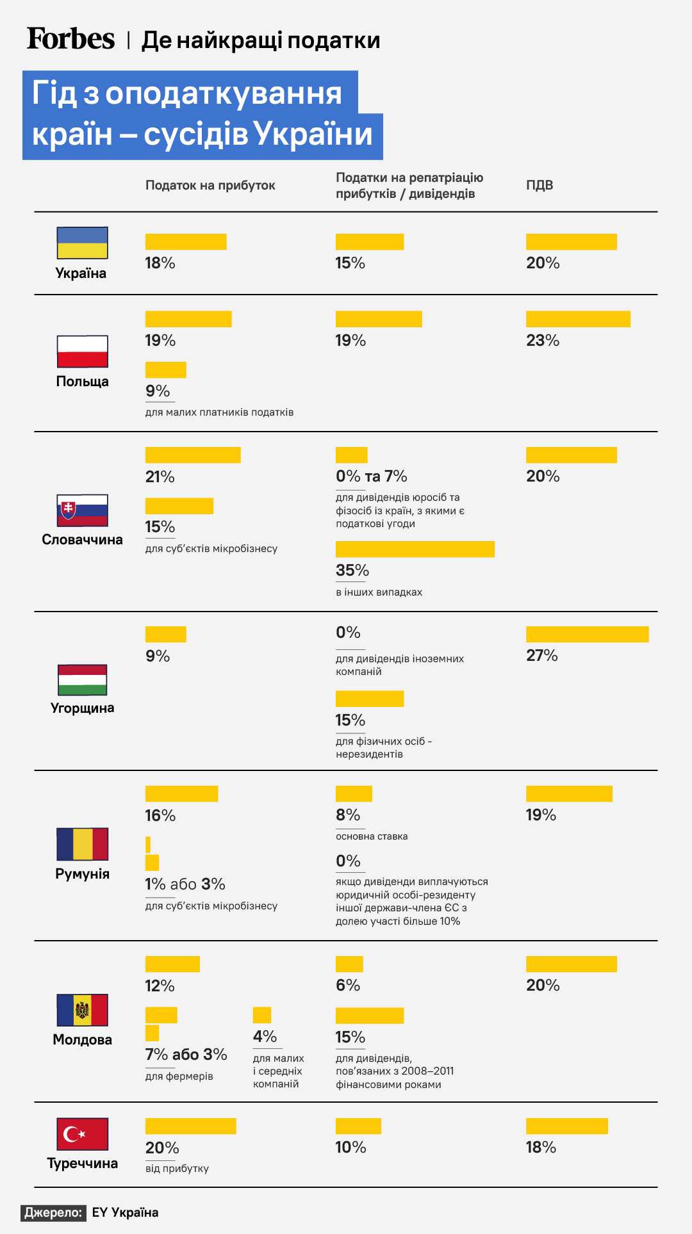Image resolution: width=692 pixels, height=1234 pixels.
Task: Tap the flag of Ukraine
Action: coord(82,243)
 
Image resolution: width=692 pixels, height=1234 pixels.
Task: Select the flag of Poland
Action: coord(82,351)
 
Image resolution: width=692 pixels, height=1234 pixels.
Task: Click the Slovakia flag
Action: coord(82,510)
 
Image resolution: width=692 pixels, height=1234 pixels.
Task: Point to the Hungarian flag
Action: coord(82,679)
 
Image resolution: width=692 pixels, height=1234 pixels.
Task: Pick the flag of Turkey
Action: coord(82,1134)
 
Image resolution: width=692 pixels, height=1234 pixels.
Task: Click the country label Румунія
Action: coord(82,873)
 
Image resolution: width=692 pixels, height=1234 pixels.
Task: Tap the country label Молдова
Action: coord(82,1039)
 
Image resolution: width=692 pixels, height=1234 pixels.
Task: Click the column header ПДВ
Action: coord(540,185)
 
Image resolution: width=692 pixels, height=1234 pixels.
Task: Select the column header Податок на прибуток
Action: coord(210,185)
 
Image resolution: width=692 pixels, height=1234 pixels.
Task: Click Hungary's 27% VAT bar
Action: coord(587,634)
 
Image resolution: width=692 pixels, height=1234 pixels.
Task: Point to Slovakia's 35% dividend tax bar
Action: coord(415,549)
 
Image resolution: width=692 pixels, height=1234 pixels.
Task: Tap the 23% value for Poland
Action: coord(543,340)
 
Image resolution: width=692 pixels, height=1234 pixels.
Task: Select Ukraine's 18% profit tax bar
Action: coord(186,241)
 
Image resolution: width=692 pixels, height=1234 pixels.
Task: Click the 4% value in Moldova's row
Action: coord(265,1036)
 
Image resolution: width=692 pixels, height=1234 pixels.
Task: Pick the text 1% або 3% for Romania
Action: coord(185,884)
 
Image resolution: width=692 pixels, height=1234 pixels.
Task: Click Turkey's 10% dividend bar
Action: coord(358,1126)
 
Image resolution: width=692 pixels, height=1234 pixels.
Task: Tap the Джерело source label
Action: coord(54,1212)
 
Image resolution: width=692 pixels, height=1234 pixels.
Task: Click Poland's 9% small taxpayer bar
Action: coord(165,369)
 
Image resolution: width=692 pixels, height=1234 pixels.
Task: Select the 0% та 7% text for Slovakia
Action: coord(372,476)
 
